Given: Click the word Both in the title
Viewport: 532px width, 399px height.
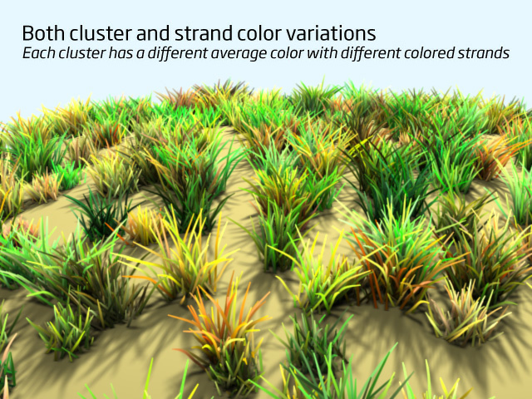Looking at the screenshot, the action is click(43, 33).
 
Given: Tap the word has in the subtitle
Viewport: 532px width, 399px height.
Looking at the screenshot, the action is click(121, 53).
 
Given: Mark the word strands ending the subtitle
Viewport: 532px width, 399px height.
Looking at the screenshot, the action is click(484, 53).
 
